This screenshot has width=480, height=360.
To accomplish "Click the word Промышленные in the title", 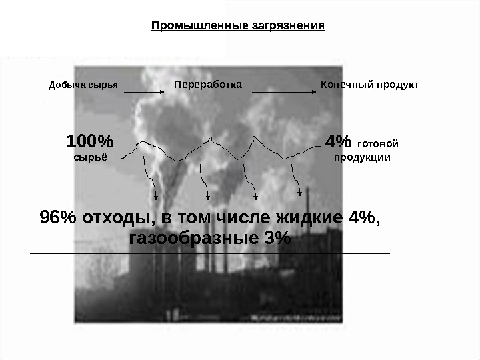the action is coord(194,27).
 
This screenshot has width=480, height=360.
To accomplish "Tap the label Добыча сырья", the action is coord(83,85).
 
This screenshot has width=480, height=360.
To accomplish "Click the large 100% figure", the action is coord(90,142).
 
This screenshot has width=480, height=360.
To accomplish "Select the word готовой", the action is coord(378,143).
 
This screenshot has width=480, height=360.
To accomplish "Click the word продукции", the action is coord(362,158).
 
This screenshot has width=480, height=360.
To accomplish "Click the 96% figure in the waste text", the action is coord(55,218).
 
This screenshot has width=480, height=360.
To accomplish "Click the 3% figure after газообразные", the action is coord(275,238).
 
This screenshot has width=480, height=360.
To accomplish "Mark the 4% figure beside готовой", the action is coord(337,142).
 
